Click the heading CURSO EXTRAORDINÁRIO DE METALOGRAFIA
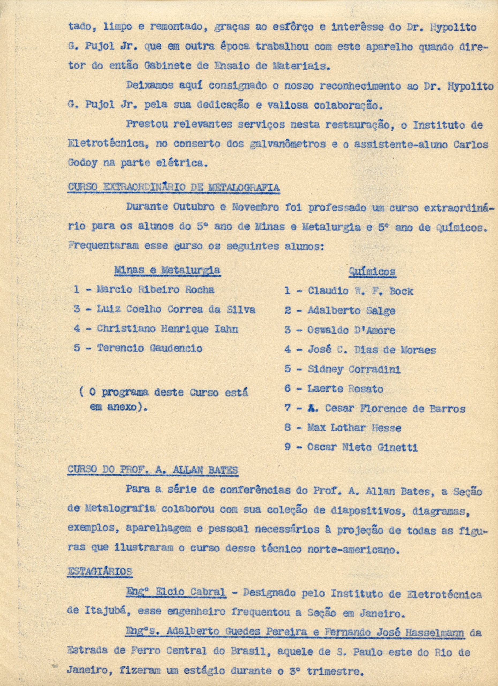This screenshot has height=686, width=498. coord(174,187)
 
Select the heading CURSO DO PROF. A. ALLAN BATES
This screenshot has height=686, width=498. coord(153,470)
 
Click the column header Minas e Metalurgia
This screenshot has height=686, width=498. coord(167,270)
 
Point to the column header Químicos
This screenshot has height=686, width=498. coord(372,272)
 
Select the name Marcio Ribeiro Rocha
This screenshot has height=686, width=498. coord(155,289)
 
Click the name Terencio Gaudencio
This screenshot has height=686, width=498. coord(149,348)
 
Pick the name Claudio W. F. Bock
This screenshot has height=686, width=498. coord(360,291)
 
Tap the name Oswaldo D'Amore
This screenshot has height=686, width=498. coord(351,330)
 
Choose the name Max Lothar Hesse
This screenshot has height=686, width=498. coord(354,428)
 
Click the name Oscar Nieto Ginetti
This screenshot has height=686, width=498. coord(362,447)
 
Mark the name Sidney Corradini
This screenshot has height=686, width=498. coord(354,369)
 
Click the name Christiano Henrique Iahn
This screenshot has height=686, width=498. coord(167,329)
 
